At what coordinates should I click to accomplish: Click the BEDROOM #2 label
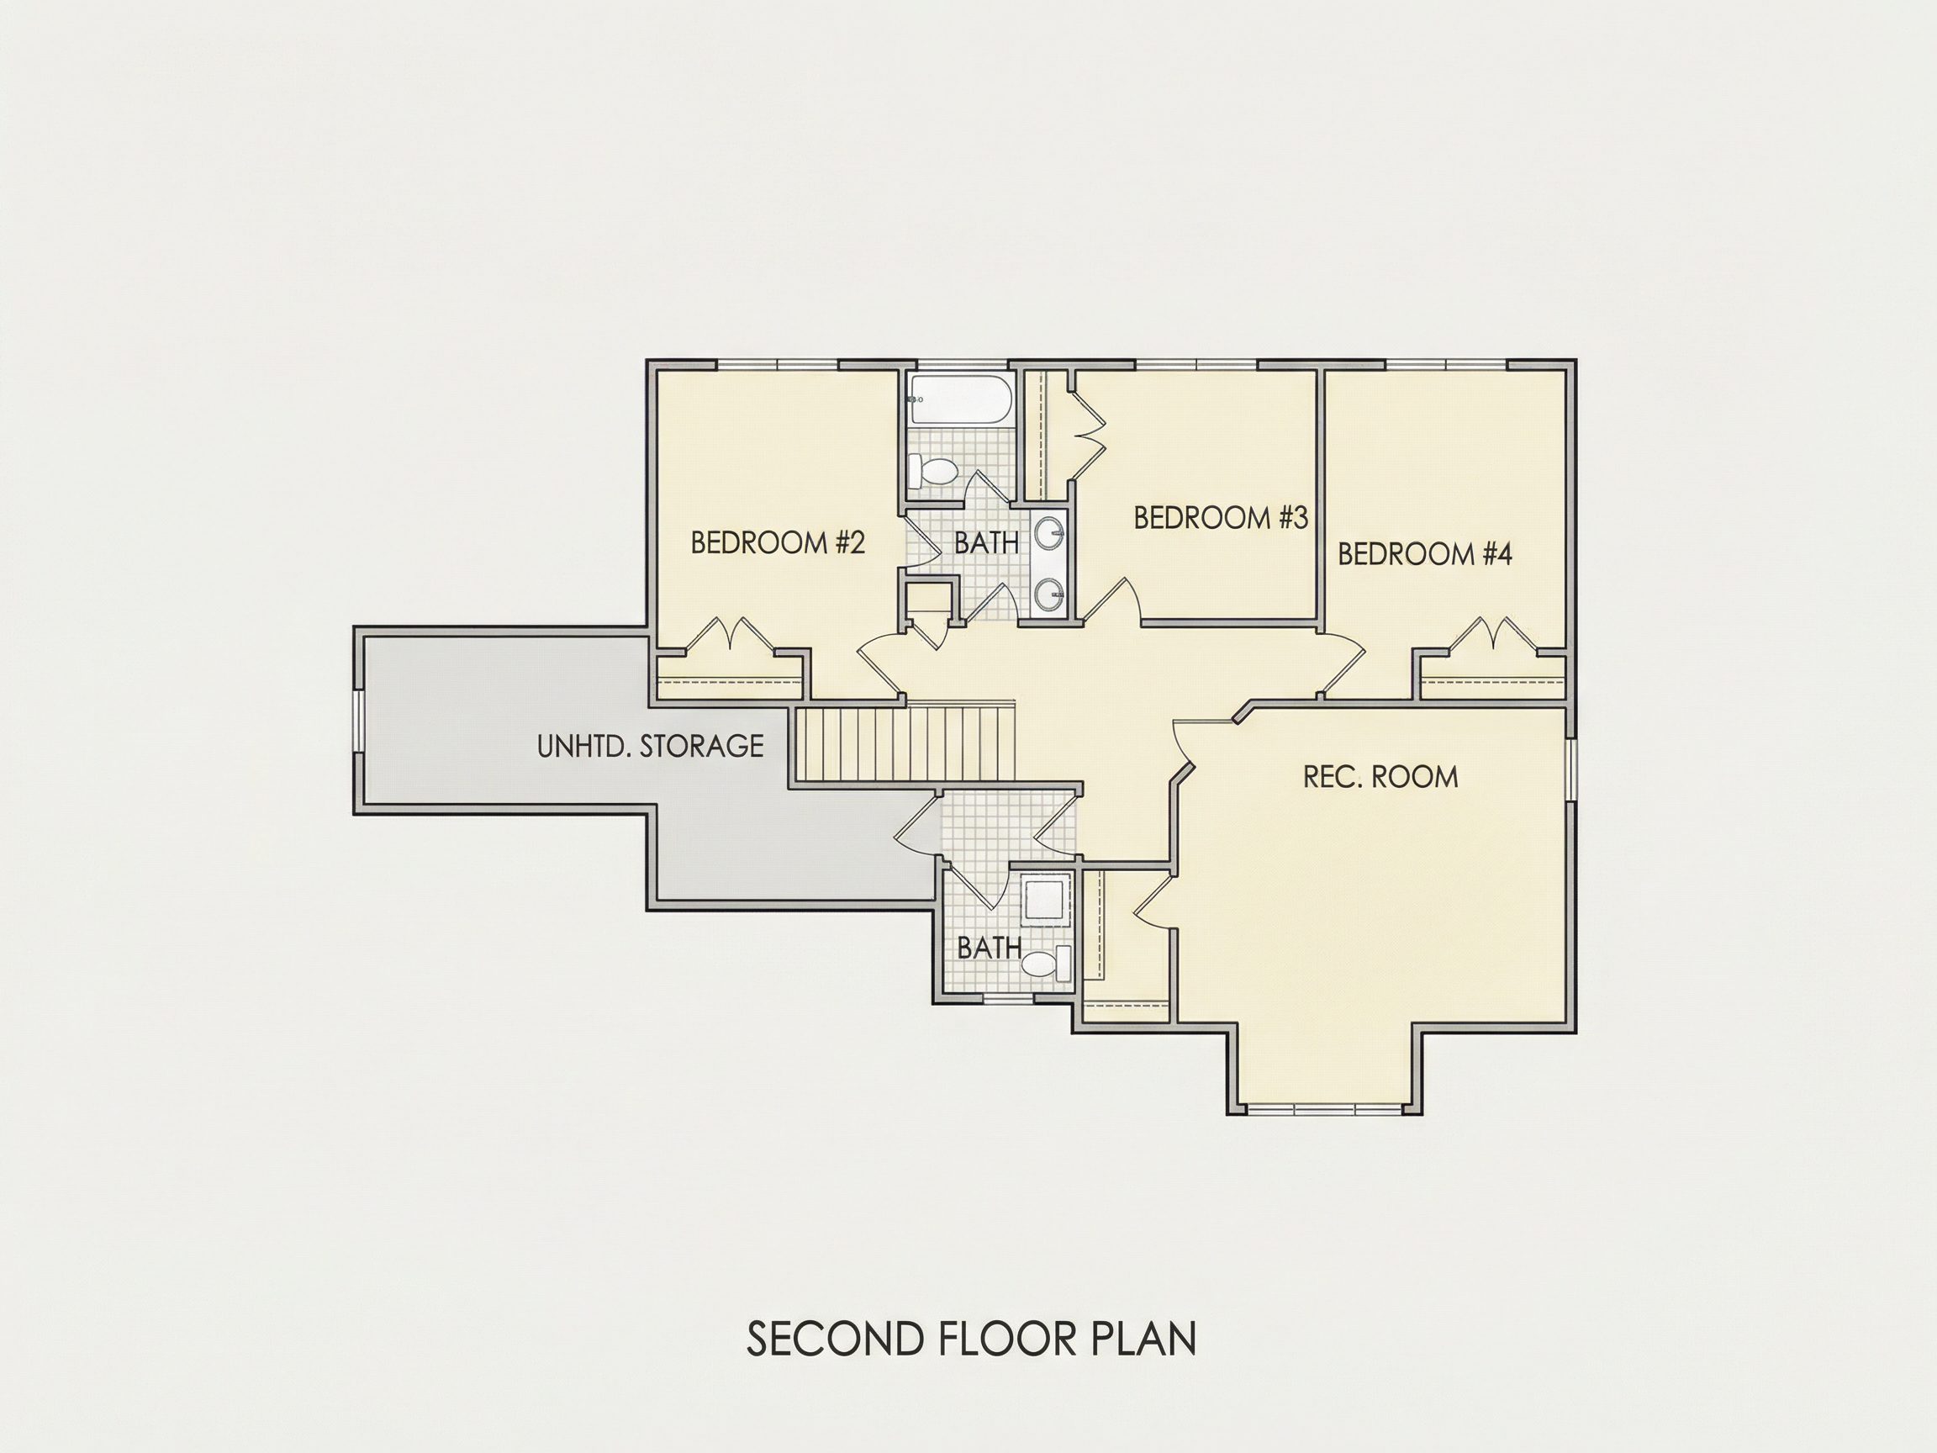click(x=778, y=543)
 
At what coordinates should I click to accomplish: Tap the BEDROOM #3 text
click(x=1221, y=518)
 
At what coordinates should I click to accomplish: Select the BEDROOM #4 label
click(x=1425, y=554)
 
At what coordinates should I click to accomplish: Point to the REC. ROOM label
click(x=1381, y=777)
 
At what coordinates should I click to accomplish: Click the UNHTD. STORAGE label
click(x=650, y=746)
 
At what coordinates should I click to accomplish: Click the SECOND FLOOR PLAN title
click(x=971, y=1364)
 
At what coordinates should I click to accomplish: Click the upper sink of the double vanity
click(x=1049, y=531)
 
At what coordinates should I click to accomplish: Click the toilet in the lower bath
click(x=1047, y=964)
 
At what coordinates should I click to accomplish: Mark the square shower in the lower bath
click(x=1046, y=900)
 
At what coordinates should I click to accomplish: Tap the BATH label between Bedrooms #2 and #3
click(x=987, y=544)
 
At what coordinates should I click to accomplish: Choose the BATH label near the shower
click(x=990, y=948)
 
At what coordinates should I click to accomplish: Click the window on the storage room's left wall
click(x=357, y=721)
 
